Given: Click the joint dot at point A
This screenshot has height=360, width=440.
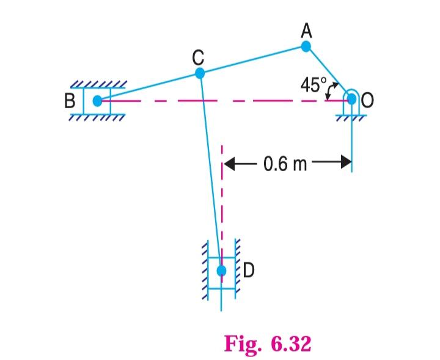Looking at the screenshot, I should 306,46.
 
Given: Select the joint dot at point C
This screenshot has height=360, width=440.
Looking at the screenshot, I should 199,73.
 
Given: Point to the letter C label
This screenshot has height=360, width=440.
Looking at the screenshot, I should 197,57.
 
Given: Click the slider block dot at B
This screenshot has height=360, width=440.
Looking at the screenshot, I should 97,101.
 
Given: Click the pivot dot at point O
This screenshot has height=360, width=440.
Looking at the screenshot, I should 352,100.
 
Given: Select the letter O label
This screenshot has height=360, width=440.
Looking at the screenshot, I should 368,101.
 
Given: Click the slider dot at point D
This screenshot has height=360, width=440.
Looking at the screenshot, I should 222,270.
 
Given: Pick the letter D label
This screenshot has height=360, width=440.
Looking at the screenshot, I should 249,270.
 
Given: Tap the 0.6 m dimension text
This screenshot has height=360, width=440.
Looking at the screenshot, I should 285,164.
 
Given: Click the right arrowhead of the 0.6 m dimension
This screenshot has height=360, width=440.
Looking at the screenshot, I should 347,163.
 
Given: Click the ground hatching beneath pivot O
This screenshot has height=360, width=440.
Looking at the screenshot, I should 352,117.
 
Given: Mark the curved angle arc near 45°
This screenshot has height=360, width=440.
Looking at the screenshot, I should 331,92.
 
